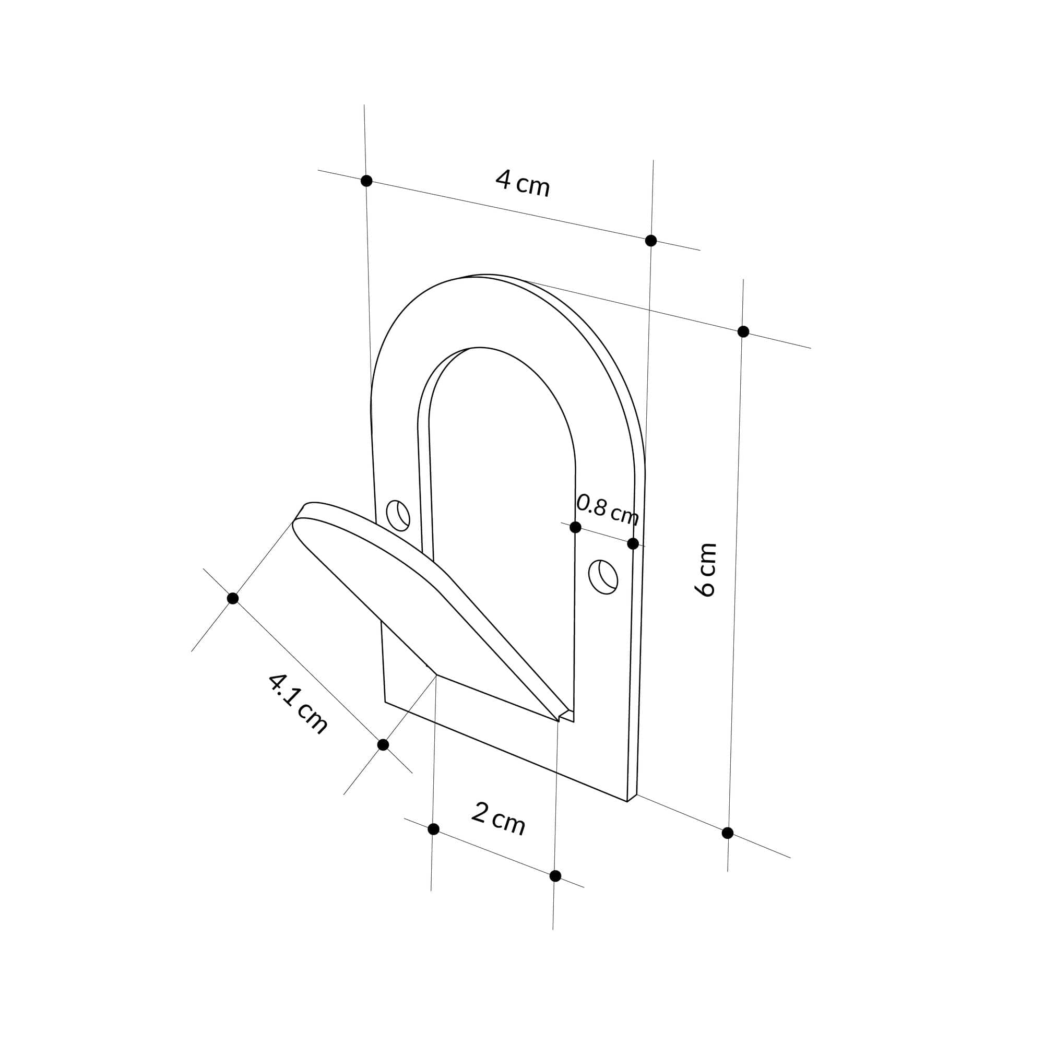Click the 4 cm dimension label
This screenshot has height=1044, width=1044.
(522, 184)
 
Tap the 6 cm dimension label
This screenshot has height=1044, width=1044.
(706, 570)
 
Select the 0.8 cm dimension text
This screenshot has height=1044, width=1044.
(608, 509)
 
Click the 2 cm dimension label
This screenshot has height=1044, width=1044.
(497, 819)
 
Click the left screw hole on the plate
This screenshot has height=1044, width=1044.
(398, 515)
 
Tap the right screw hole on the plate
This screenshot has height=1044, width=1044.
(603, 577)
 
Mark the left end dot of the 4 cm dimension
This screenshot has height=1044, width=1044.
(366, 181)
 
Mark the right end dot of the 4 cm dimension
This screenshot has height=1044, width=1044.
(651, 241)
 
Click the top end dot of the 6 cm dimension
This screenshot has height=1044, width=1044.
(743, 331)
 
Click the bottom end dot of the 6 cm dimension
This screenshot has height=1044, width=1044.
(727, 833)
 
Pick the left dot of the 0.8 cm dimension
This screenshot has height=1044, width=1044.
(575, 527)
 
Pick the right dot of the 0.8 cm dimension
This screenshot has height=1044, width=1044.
(633, 543)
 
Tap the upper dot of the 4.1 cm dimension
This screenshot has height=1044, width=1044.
(233, 598)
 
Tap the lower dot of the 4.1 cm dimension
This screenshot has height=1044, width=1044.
(383, 745)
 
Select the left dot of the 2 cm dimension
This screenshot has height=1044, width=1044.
(433, 829)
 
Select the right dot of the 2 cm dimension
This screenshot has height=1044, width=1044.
(555, 876)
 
